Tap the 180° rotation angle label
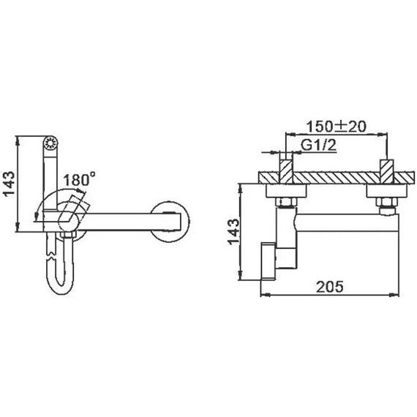tap(79, 179)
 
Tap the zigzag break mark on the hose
tap(50, 252)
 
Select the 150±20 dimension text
tap(337, 127)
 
